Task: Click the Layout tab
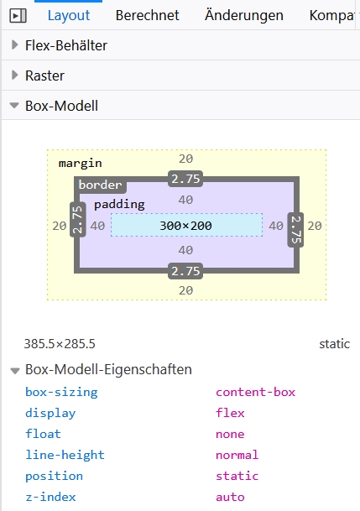[x=69, y=15]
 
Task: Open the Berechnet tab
[x=147, y=15]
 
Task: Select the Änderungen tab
[x=244, y=15]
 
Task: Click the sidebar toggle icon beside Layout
[x=18, y=16]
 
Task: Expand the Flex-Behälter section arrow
[x=14, y=45]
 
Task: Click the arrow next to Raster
[x=14, y=76]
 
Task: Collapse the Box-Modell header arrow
[x=14, y=106]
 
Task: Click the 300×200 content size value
[x=185, y=226]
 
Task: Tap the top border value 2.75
[x=185, y=179]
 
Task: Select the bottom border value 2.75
[x=185, y=271]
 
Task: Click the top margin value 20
[x=185, y=159]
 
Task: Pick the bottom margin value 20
[x=185, y=290]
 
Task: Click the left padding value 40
[x=97, y=226]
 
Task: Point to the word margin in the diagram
[x=81, y=163]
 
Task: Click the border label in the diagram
[x=101, y=185]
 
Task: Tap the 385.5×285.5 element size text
[x=60, y=344]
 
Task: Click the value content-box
[x=255, y=392]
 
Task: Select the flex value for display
[x=230, y=413]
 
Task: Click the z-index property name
[x=50, y=497]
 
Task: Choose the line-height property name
[x=65, y=455]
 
